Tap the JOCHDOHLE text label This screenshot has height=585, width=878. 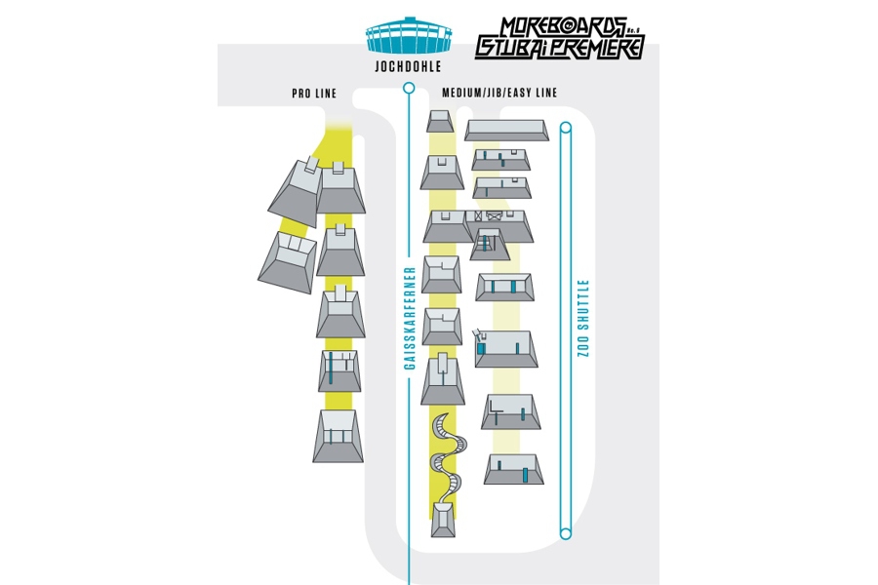click(x=408, y=67)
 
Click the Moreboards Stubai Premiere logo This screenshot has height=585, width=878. click(x=559, y=36)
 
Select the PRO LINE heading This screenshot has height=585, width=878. click(x=313, y=94)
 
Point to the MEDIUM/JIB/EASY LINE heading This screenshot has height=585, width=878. click(x=499, y=94)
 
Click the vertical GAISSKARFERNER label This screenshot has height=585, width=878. click(x=411, y=318)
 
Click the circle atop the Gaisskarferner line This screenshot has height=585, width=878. click(x=409, y=89)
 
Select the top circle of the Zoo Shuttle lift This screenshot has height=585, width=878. click(x=564, y=127)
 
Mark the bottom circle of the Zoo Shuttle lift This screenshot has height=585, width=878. click(x=564, y=532)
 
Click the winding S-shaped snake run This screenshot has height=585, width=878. click(x=444, y=453)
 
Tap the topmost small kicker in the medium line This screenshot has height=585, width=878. click(x=440, y=121)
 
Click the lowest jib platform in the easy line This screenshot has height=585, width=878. click(x=511, y=470)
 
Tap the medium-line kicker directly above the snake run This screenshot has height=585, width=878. click(x=442, y=380)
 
